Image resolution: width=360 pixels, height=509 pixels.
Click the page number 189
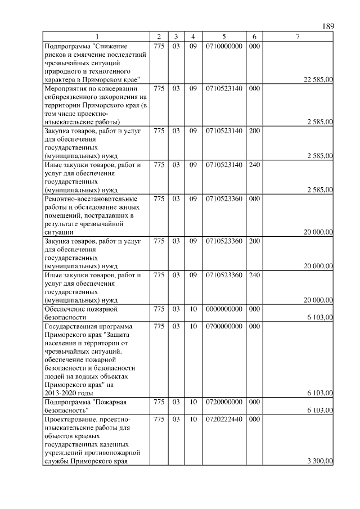pyautogui.click(x=328, y=27)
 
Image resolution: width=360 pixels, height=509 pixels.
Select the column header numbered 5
pyautogui.click(x=223, y=37)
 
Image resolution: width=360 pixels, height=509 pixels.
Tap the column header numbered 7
pyautogui.click(x=298, y=37)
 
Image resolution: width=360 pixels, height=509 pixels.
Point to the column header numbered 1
pyautogui.click(x=97, y=37)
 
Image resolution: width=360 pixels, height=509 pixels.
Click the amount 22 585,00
pyautogui.click(x=318, y=80)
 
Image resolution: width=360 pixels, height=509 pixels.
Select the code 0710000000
pyautogui.click(x=224, y=46)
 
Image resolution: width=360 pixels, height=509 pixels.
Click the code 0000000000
pyautogui.click(x=224, y=309)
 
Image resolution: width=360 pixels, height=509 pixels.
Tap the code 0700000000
pyautogui.click(x=224, y=326)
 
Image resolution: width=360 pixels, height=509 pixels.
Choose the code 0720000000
pyautogui.click(x=224, y=402)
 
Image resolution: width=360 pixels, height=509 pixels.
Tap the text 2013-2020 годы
pyautogui.click(x=68, y=393)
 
